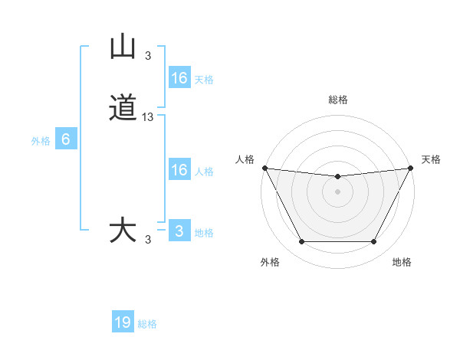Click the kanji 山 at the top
pyautogui.click(x=123, y=47)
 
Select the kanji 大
pyautogui.click(x=123, y=231)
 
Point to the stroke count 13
pyautogui.click(x=148, y=117)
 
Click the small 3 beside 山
pyautogui.click(x=148, y=55)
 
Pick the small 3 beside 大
pyautogui.click(x=148, y=240)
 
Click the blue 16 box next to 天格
pyautogui.click(x=179, y=78)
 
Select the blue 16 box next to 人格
pyautogui.click(x=179, y=170)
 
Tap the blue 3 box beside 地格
pyautogui.click(x=179, y=231)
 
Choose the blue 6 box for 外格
pyautogui.click(x=65, y=139)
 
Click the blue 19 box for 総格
pyautogui.click(x=123, y=322)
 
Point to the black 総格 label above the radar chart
pyautogui.click(x=338, y=100)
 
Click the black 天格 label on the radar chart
pyautogui.click(x=432, y=159)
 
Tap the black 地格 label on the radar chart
pyautogui.click(x=402, y=262)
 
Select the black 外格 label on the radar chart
pyautogui.click(x=270, y=262)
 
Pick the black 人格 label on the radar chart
pyautogui.click(x=245, y=159)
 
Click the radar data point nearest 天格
pyautogui.click(x=411, y=168)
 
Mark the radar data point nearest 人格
pyautogui.click(x=264, y=168)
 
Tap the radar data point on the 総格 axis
pyautogui.click(x=338, y=177)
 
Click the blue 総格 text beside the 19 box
pyautogui.click(x=147, y=324)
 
